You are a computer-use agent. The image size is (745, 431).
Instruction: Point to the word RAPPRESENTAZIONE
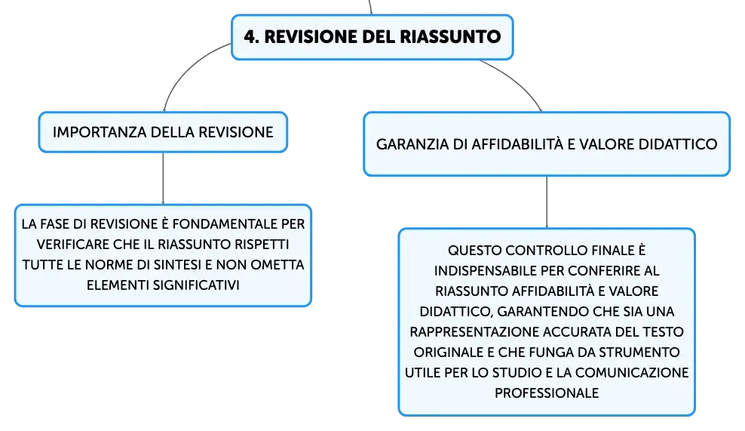474,332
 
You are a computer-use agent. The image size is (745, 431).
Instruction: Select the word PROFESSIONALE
547,393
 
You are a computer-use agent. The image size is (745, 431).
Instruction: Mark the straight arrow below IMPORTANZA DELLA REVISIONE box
163,178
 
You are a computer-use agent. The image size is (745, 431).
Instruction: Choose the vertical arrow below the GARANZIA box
547,202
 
